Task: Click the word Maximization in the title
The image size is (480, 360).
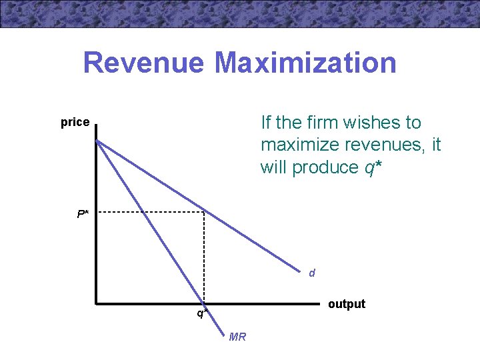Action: point(305,63)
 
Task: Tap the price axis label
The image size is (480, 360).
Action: point(75,122)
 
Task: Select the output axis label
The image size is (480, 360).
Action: point(347,304)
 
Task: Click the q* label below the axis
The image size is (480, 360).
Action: point(201,313)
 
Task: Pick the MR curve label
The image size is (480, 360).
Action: point(237,337)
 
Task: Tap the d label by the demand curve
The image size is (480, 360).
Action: point(312,273)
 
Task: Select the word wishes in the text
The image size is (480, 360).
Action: point(379,123)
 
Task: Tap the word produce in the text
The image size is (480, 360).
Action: point(325,167)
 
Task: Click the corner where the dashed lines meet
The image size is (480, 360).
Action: point(204,212)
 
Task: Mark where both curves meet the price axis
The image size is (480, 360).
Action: point(97,141)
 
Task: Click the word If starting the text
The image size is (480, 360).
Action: point(267,123)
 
